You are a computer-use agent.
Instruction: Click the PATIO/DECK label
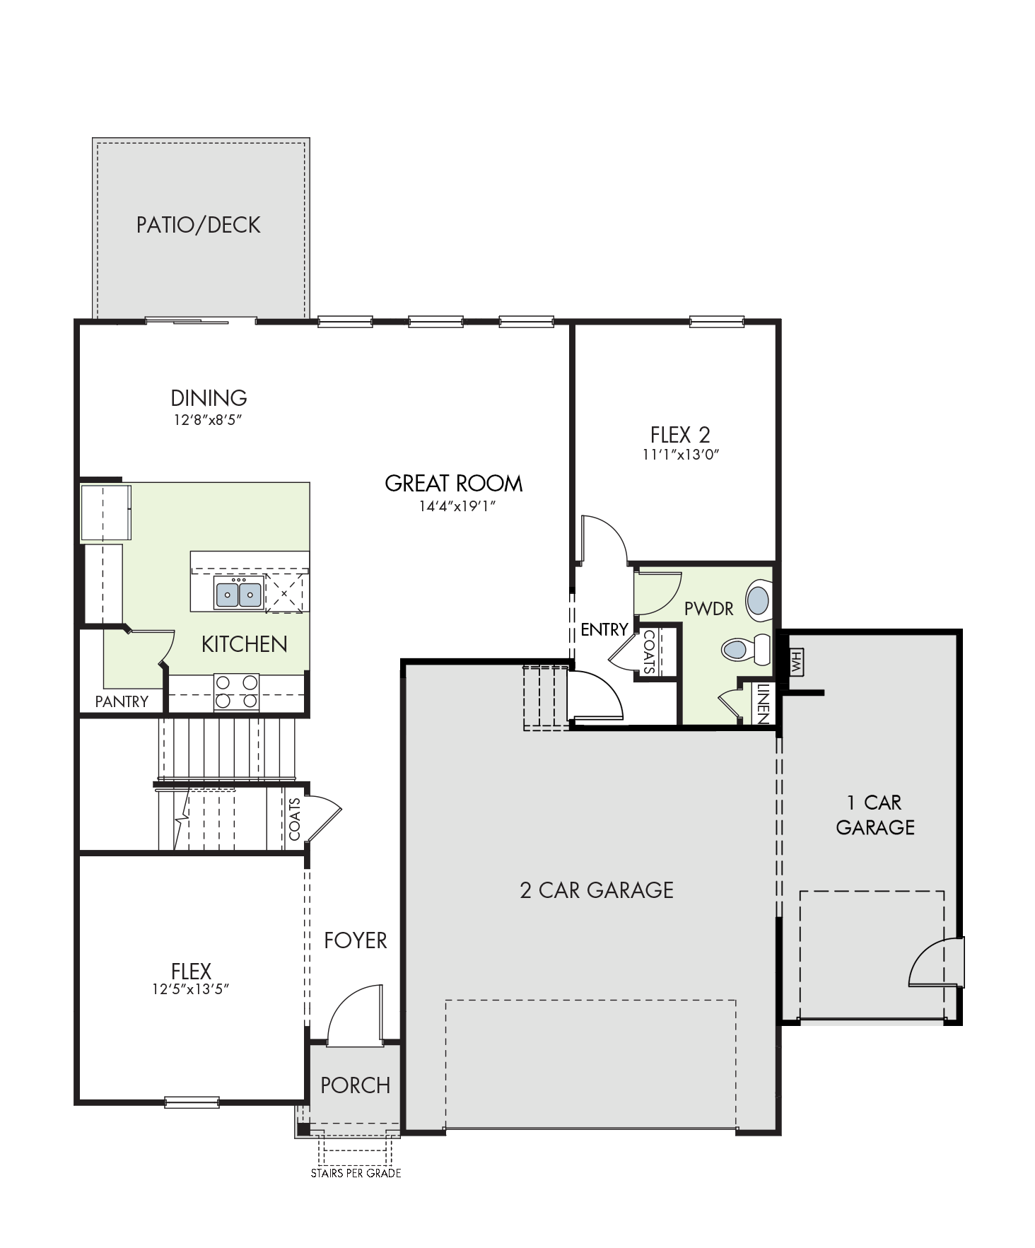199,225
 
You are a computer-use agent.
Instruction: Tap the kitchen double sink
239,593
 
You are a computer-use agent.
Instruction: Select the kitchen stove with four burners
236,692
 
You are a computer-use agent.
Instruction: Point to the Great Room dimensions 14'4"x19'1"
454,506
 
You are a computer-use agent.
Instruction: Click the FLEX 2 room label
680,434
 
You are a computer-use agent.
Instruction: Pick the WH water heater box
797,663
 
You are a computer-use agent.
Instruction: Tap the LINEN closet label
762,703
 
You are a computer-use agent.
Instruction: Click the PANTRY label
122,701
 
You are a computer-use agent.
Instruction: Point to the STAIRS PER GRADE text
356,1173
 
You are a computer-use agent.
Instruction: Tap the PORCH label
356,1085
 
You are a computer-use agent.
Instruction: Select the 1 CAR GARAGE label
875,815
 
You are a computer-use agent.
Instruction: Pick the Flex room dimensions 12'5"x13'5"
191,989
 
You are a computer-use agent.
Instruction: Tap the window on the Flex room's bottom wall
192,1102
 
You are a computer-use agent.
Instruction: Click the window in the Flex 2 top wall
717,322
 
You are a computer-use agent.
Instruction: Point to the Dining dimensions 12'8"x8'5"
209,420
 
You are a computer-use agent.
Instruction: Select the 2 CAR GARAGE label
597,890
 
